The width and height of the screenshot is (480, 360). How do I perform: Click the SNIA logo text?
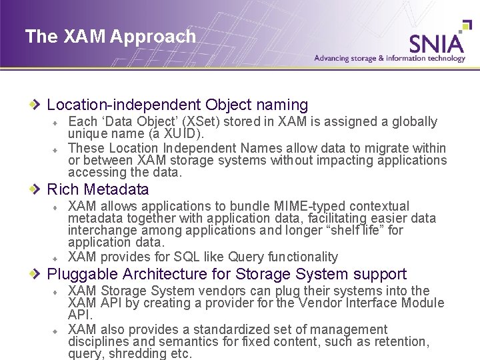click(x=437, y=42)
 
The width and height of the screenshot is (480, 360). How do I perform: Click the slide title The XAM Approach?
click(x=111, y=36)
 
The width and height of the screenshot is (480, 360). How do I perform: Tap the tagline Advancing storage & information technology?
click(x=389, y=58)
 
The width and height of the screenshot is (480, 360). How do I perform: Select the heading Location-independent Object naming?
click(x=177, y=105)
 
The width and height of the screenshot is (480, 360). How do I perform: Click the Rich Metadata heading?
click(x=98, y=189)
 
